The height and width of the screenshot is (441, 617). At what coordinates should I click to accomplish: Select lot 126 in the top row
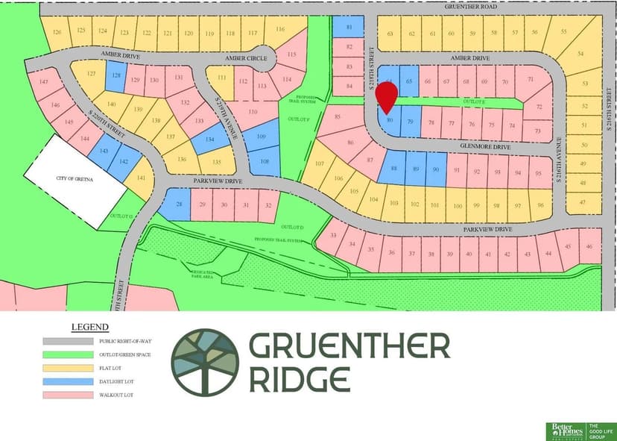[x=56, y=31]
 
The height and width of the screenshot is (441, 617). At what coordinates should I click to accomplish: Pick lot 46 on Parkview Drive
[x=589, y=246]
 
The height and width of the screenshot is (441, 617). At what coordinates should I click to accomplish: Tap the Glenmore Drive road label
[x=487, y=147]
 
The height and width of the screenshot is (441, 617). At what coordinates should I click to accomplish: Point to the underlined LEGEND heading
[x=89, y=327]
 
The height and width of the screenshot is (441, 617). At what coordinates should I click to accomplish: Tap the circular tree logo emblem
[x=205, y=361]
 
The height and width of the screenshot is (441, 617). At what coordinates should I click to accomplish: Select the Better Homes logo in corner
[x=565, y=431]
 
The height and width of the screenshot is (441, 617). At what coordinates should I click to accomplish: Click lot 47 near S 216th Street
[x=583, y=202]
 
